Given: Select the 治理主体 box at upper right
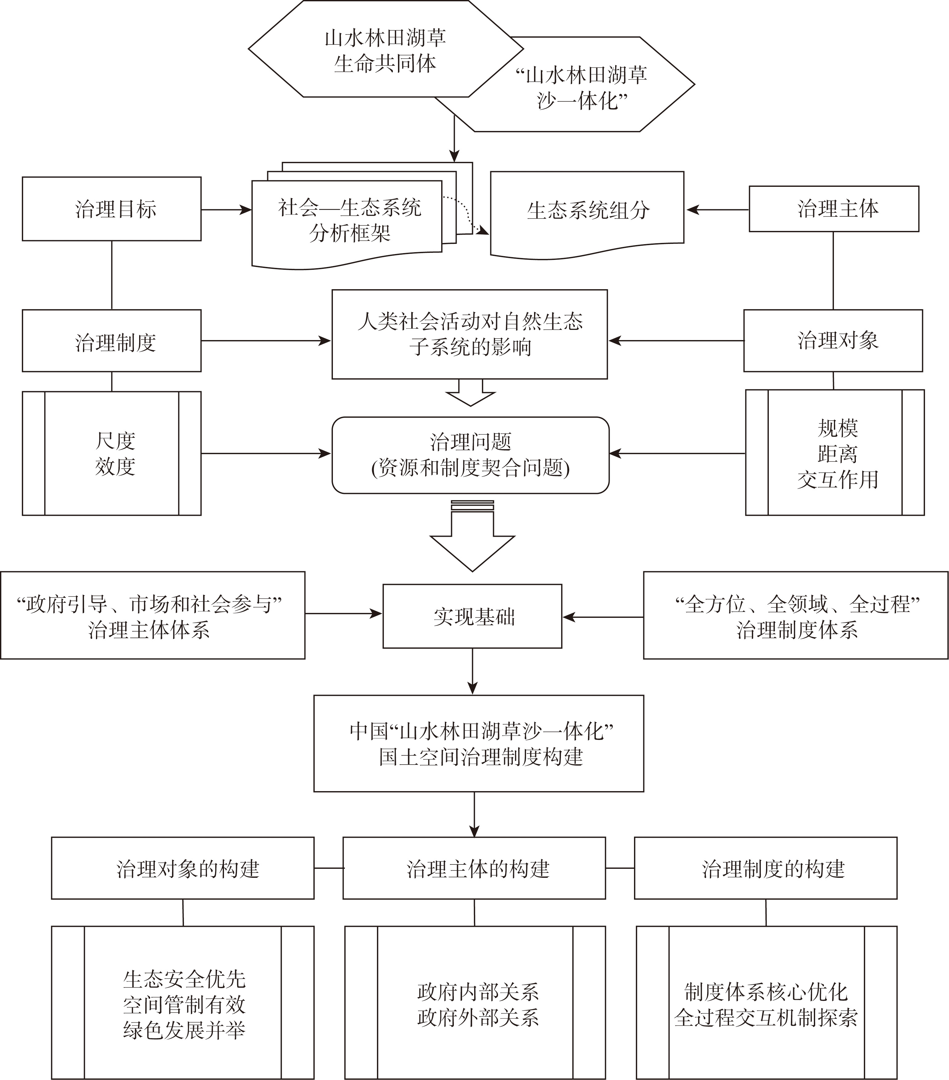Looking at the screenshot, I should click(834, 209).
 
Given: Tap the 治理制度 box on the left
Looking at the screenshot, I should click(112, 341).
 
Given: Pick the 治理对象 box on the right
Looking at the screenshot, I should click(833, 341).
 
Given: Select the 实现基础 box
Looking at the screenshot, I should click(472, 616).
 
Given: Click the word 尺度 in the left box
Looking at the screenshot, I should click(115, 441).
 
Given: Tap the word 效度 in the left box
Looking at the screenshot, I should click(115, 466).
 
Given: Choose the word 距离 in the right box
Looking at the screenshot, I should click(837, 453).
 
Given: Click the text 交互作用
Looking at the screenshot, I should click(837, 479).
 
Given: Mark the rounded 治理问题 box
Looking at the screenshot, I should click(470, 455).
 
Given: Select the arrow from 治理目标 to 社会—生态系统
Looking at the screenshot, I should click(226, 210).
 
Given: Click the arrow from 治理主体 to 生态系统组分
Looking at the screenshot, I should click(717, 210).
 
